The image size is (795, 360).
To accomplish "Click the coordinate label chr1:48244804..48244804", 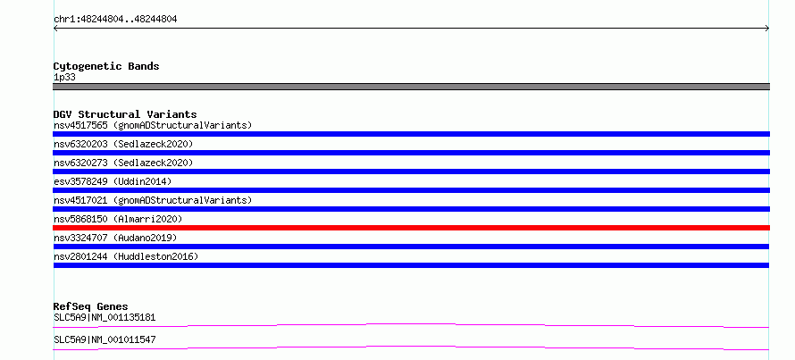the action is pos(115,20).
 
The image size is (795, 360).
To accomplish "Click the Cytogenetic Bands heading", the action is pos(106,66).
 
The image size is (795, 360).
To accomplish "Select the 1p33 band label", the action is pos(65,78).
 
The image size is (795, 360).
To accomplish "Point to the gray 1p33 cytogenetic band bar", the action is pos(411,87).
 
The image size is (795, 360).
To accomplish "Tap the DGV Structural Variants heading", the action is pos(125,114).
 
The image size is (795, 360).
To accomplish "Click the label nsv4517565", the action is pos(80,125).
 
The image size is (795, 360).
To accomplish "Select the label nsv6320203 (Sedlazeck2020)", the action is pos(123,144).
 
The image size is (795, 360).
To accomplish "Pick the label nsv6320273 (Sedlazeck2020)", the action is pos(123,163).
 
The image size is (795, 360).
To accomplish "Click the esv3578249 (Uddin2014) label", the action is pos(113,181).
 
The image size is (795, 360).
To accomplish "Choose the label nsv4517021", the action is pos(80,200).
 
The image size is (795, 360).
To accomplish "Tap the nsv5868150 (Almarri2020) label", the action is pos(118,219).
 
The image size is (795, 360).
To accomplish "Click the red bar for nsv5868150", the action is pos(411,228).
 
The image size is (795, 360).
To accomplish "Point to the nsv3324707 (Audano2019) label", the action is pos(115,238).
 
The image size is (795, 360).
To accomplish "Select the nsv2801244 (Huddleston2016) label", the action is pos(126,256).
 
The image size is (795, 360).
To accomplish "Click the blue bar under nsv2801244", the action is pos(411,265).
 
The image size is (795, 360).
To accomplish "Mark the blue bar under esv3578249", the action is pos(411,190).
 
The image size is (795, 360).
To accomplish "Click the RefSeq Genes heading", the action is pos(91,306).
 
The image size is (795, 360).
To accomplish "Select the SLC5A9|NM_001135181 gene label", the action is pos(105,318).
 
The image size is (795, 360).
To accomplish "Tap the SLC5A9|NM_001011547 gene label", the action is pos(105,339).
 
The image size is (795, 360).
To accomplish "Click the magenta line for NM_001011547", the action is pos(411,347).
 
